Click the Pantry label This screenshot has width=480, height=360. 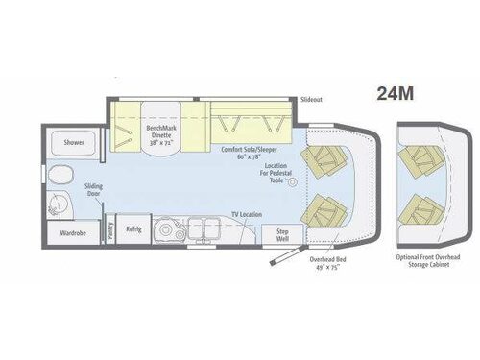110,230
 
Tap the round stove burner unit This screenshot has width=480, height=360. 174,229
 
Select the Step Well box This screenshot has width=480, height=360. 283,233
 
